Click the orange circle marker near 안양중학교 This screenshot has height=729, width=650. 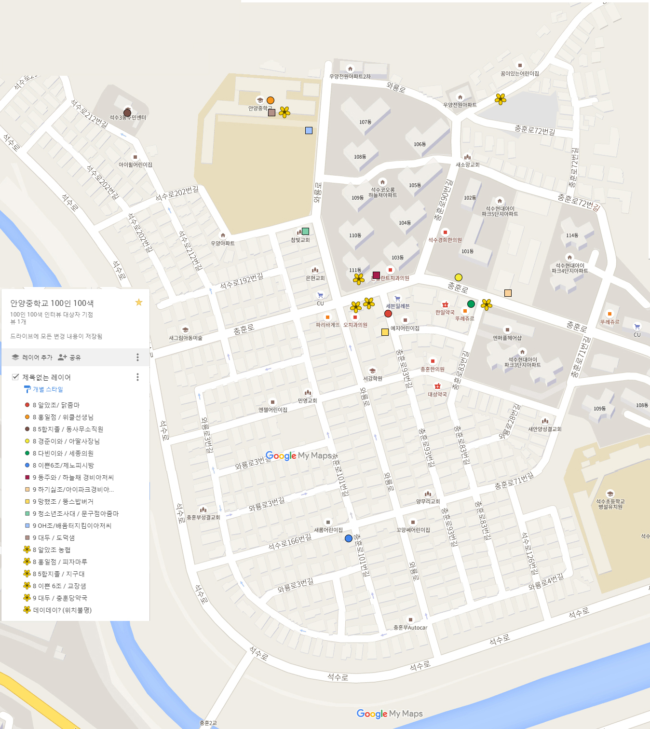(271, 100)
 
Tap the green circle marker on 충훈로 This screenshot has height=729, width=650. (471, 304)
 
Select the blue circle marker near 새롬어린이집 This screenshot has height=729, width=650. (349, 538)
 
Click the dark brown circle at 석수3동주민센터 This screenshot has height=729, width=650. (127, 112)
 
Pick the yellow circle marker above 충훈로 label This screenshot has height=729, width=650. (459, 277)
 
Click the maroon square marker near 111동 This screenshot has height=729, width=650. (376, 275)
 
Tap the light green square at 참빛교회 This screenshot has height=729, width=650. (305, 231)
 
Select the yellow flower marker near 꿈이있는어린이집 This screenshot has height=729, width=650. (501, 99)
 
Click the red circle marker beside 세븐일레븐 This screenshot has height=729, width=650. (388, 314)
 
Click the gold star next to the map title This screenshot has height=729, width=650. (139, 303)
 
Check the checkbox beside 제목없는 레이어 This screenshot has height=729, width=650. (15, 377)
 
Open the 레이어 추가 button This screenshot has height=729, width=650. (32, 358)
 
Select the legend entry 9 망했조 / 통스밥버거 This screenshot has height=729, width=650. (63, 501)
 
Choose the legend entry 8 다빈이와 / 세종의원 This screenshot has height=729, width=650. (63, 453)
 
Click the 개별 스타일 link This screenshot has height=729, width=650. (47, 389)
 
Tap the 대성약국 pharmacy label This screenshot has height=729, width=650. (437, 394)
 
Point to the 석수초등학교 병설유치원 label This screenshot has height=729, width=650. (610, 504)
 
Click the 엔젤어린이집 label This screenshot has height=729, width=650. (273, 410)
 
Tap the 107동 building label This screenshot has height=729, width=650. (365, 122)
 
